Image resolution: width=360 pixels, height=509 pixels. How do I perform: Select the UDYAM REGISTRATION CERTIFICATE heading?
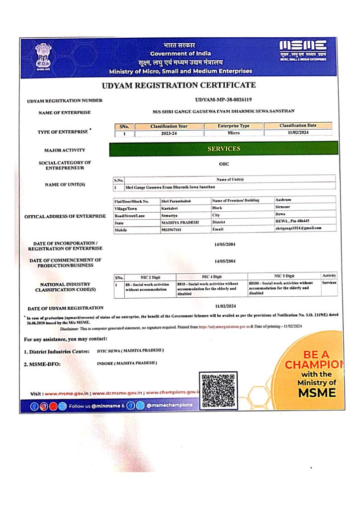click(179, 85)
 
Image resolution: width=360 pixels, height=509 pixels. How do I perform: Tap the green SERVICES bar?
click(223, 149)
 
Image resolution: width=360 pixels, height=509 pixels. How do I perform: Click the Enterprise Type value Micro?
click(233, 133)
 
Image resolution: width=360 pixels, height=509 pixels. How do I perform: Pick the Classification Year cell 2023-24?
click(162, 133)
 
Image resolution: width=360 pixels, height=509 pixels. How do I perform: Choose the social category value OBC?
click(224, 165)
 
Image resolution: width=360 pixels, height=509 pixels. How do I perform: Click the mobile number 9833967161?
click(172, 230)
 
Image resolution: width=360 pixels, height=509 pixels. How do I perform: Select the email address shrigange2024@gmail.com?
click(298, 228)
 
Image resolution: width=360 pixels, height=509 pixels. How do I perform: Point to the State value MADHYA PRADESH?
click(180, 222)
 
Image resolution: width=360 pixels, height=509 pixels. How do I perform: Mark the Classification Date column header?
click(298, 126)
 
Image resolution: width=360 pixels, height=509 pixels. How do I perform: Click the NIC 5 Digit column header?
click(284, 276)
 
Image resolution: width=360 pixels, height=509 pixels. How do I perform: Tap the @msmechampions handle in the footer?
click(169, 406)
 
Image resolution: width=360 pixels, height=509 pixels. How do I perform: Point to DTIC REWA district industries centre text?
click(131, 351)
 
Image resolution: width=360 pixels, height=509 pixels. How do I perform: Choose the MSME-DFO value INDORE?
click(127, 363)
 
